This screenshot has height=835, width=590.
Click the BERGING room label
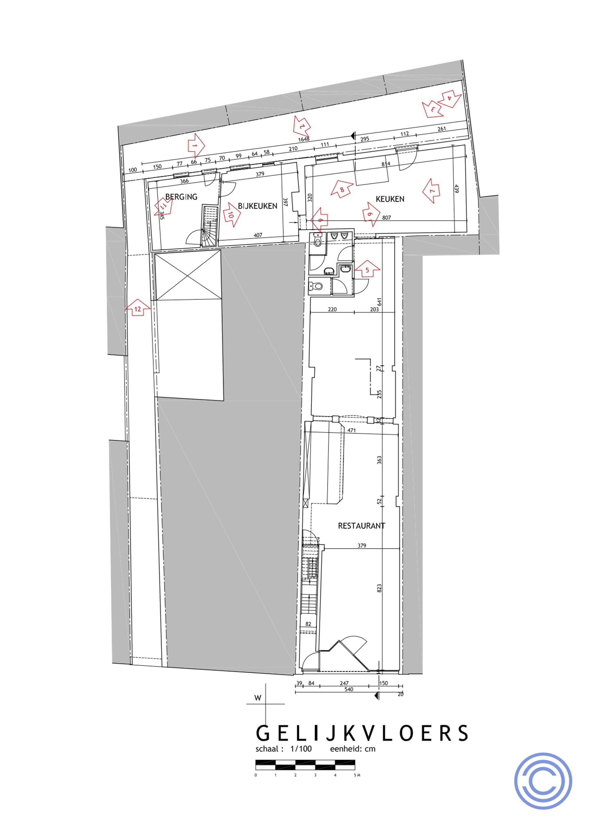pyautogui.click(x=181, y=197)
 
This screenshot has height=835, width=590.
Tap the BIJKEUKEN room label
pyautogui.click(x=258, y=206)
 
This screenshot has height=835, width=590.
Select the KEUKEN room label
pyautogui.click(x=390, y=199)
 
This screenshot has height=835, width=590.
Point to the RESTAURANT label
pyautogui.click(x=361, y=525)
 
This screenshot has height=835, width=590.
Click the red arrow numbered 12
pyautogui.click(x=137, y=308)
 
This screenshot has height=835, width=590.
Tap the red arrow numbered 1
pyautogui.click(x=195, y=145)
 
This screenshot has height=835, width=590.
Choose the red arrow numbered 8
pyautogui.click(x=342, y=189)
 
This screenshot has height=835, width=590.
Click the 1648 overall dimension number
pyautogui.click(x=304, y=139)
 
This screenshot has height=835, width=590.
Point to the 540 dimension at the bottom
pyautogui.click(x=348, y=689)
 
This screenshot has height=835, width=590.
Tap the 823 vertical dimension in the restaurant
pyautogui.click(x=380, y=588)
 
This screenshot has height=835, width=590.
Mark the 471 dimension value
pyautogui.click(x=352, y=430)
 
